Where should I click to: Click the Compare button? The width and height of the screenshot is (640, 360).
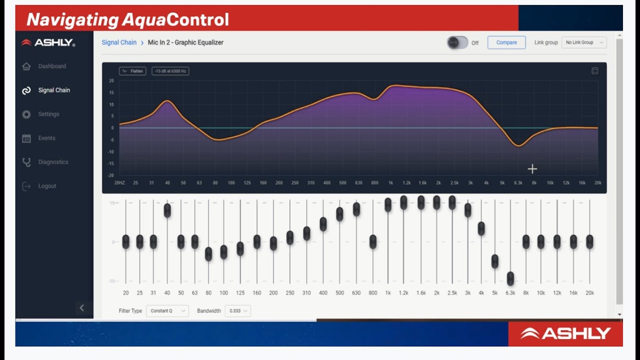pos(506,42)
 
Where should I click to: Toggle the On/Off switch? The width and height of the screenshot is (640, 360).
pos(457,43)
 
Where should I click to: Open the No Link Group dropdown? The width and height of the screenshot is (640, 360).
pos(584,42)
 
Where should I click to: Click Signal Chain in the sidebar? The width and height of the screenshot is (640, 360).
pos(54,90)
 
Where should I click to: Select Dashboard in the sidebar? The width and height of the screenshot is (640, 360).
pos(52,66)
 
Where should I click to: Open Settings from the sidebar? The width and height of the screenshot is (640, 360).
pos(48,114)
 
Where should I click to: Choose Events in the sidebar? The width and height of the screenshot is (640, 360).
pos(46,138)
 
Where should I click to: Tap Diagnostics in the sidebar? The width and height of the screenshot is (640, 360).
pos(53,162)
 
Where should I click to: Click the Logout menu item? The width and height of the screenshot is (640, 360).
pos(47,186)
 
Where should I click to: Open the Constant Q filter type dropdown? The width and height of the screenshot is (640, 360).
pos(167,311)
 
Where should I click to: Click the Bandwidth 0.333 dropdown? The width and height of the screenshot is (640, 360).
pos(237,311)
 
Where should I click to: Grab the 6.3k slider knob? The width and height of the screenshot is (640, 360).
pos(510,278)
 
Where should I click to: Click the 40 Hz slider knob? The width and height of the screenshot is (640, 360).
pos(167,210)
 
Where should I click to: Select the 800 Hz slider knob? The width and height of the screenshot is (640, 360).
pos(373,242)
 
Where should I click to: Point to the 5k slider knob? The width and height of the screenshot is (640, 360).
pos(495,261)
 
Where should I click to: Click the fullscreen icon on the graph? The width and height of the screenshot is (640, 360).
pos(595,71)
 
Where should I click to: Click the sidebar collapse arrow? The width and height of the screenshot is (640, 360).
pos(82,308)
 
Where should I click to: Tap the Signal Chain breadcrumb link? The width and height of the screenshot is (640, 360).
pos(119,42)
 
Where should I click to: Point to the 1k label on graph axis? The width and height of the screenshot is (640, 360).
pos(390,183)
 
